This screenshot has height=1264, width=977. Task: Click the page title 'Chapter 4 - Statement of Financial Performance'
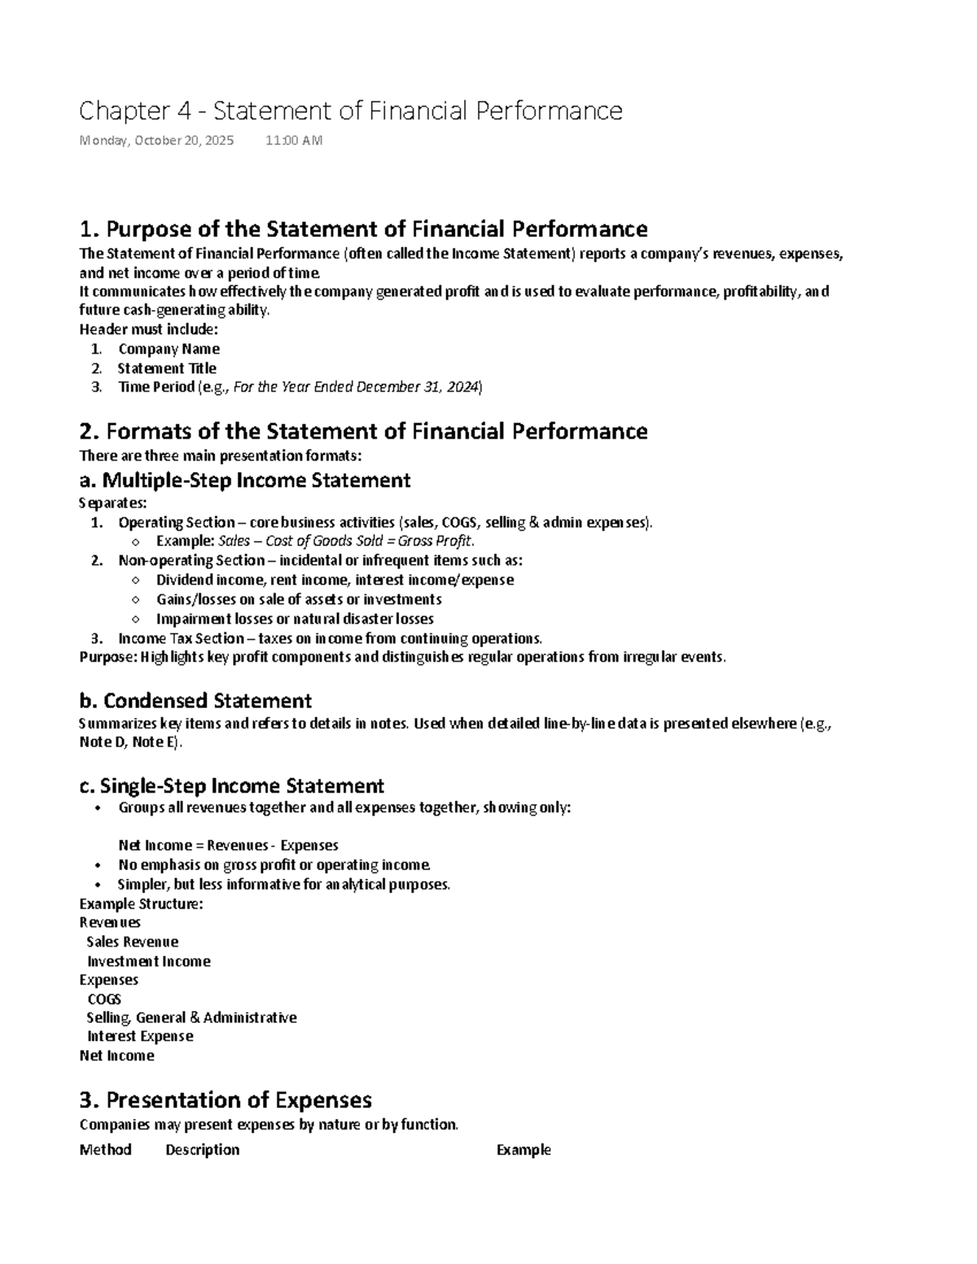click(x=350, y=111)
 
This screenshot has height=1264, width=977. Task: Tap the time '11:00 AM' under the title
click(x=294, y=140)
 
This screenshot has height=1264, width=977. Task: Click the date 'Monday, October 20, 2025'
click(x=156, y=140)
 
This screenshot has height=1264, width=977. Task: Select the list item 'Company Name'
click(x=169, y=348)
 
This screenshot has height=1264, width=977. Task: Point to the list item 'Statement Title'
click(x=167, y=368)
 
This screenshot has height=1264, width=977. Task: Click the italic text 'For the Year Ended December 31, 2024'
click(x=357, y=387)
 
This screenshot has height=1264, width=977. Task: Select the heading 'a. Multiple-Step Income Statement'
click(x=244, y=480)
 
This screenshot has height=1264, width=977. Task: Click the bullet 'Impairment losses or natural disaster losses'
click(x=295, y=619)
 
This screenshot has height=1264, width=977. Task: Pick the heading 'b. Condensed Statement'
click(x=195, y=701)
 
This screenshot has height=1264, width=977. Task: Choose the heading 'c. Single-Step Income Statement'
click(x=231, y=786)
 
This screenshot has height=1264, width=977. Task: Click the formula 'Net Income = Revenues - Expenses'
click(x=228, y=846)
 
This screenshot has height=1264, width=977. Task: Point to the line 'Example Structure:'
click(x=141, y=903)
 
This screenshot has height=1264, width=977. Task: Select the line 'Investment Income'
click(x=148, y=961)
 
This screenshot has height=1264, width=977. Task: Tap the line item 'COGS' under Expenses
click(x=104, y=999)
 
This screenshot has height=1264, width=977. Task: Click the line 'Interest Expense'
click(x=140, y=1036)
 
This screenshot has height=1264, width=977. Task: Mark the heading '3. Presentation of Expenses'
click(x=226, y=1100)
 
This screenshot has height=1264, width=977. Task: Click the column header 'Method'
click(x=105, y=1149)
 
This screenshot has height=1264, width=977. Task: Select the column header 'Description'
click(x=202, y=1149)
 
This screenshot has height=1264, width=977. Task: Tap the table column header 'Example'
click(x=524, y=1149)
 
